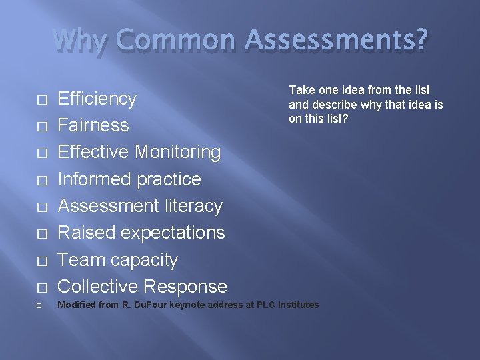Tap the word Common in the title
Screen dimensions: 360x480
(175, 41)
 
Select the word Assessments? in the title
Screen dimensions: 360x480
(337, 41)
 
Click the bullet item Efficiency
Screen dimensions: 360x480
(97, 99)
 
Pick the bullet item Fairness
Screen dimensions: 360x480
(93, 125)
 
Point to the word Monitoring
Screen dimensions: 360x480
(178, 152)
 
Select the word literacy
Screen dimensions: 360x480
(190, 206)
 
